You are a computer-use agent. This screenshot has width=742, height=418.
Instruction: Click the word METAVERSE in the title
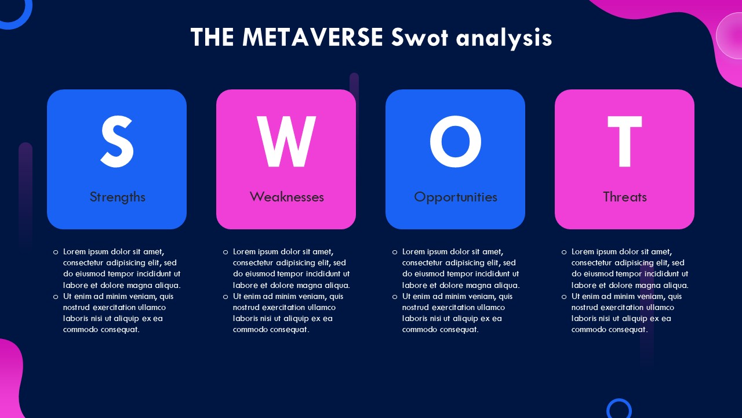click(312, 37)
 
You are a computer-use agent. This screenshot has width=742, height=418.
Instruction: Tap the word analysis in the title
click(504, 38)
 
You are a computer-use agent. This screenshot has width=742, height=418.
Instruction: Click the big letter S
click(117, 142)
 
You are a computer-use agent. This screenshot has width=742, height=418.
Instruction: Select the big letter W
click(286, 142)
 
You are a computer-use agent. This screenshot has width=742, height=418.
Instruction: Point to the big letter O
click(456, 142)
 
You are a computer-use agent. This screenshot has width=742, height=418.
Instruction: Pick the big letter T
click(625, 142)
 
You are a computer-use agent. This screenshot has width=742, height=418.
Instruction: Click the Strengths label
click(117, 197)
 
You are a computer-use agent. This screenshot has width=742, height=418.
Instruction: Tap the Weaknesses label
click(286, 197)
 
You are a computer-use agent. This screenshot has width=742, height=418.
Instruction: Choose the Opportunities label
click(456, 197)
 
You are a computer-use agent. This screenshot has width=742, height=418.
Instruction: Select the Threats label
click(625, 197)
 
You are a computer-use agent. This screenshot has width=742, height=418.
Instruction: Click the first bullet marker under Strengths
click(56, 253)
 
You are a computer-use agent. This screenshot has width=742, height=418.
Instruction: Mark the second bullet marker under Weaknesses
click(225, 297)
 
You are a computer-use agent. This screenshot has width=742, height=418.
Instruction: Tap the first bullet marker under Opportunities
click(395, 253)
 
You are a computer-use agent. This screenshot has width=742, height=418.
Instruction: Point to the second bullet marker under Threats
click(564, 297)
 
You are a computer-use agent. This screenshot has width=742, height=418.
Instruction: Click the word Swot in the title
click(419, 37)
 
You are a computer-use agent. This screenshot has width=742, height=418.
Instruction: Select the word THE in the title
click(212, 37)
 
